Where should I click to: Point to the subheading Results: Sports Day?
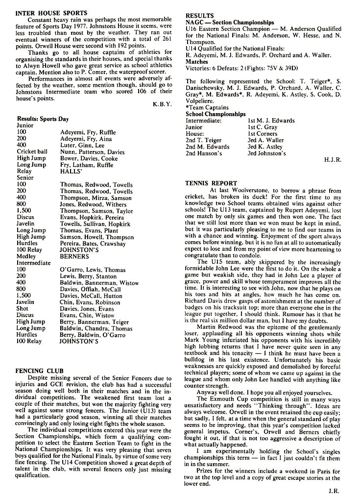(43, 119)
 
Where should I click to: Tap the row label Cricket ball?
(32, 152)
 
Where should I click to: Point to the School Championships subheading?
(216, 114)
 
